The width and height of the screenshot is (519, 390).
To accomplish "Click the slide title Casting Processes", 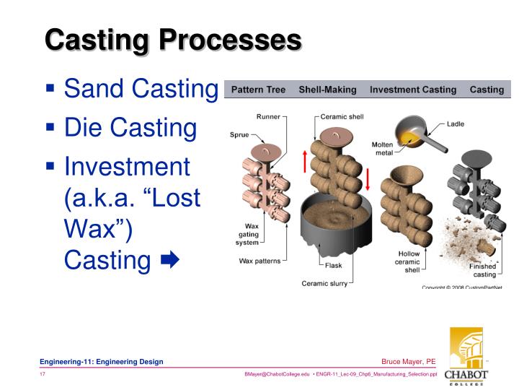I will pos(173,39).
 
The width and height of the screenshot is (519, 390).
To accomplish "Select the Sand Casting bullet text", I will pos(141,90).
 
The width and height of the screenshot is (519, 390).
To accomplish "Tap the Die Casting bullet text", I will pos(130,129).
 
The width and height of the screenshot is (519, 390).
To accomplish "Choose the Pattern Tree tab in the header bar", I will pos(259,90).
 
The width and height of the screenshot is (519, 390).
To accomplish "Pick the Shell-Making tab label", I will pos(327,90).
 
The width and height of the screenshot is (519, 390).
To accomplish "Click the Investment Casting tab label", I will pos(413,90).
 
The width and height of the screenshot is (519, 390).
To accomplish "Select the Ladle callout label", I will pos(456,123).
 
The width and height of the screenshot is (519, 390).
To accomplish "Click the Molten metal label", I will pos(382,148).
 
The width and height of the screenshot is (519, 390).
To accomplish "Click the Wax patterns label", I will pos(260,261).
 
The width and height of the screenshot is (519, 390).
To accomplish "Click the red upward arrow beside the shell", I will pos(305,162).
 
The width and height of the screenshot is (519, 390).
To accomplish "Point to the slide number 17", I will pos(43,374).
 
